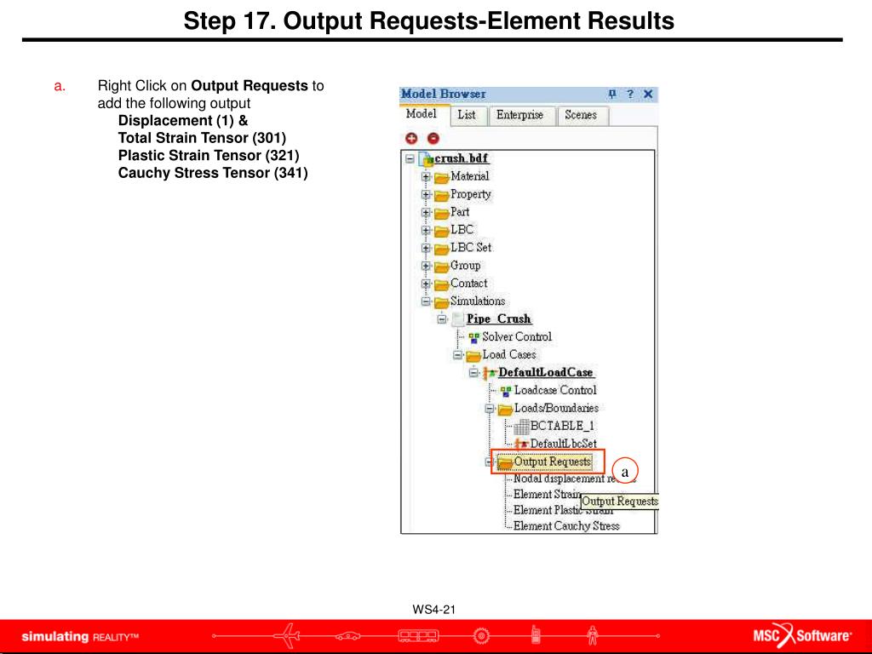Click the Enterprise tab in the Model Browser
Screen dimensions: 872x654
coord(519,115)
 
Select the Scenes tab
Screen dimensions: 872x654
coord(580,115)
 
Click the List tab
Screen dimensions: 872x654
coord(466,115)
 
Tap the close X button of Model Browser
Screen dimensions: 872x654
coord(648,94)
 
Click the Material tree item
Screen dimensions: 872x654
coord(469,176)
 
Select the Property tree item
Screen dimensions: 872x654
coord(470,194)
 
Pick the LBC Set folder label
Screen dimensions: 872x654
coord(470,248)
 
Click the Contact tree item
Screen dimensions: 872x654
coord(468,284)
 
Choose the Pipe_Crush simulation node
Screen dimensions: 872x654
coord(498,318)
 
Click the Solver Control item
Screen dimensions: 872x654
coord(516,337)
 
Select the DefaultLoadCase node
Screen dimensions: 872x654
coord(545,372)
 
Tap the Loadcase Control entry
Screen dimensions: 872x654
coord(554,390)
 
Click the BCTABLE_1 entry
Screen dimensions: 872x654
coord(562,426)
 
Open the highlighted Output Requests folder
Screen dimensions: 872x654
coord(551,462)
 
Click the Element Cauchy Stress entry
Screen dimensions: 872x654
coord(565,526)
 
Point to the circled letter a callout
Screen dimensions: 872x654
coord(624,473)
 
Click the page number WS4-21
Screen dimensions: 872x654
coord(435,609)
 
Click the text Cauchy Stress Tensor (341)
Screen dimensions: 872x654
coord(213,173)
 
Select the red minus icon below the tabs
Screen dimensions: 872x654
coord(433,138)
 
